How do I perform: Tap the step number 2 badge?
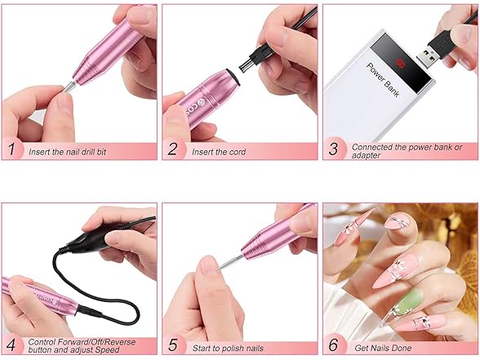click(173, 149)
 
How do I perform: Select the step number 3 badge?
click(334, 149)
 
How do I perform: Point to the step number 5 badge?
click(173, 344)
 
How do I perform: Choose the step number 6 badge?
click(334, 344)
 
